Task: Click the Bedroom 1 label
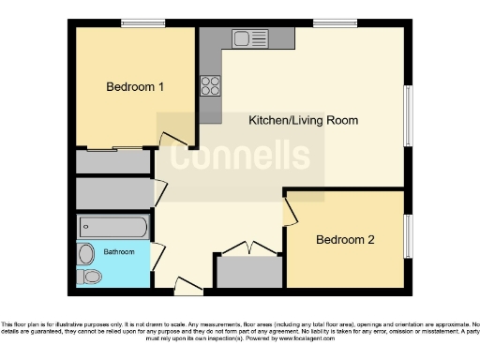click(135, 87)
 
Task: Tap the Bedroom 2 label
click(345, 240)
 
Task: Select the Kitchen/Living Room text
click(303, 121)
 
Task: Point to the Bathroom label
click(119, 252)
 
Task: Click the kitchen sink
click(250, 39)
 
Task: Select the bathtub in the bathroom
click(113, 227)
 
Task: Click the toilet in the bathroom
click(90, 277)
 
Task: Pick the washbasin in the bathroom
click(86, 253)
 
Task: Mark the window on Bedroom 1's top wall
click(136, 23)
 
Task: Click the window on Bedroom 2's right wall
click(409, 236)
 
